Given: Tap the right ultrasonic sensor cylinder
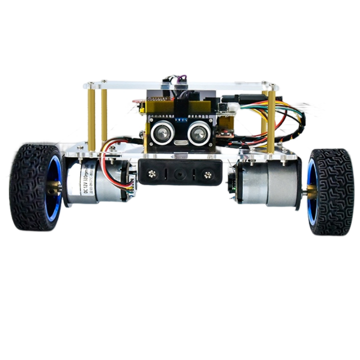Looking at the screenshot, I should tap(198, 133).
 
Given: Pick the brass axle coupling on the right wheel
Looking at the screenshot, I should tap(311, 190).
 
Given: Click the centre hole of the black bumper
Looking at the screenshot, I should tap(178, 174).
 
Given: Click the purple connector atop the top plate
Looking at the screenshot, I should tap(182, 78).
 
